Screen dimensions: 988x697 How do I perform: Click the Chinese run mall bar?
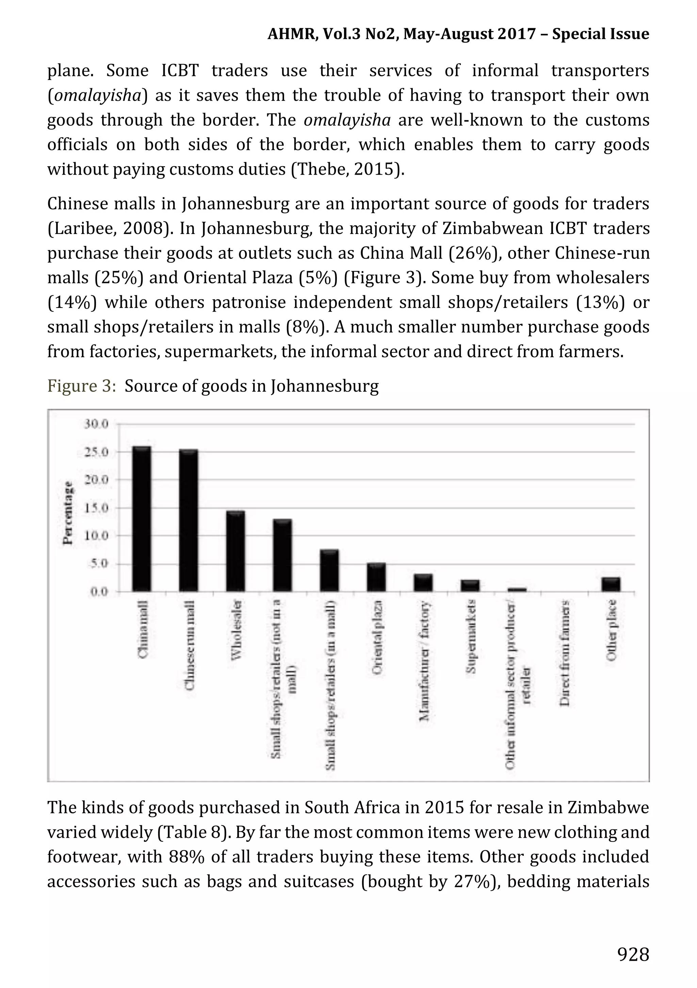(x=188, y=520)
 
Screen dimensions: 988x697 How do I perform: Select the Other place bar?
(x=611, y=584)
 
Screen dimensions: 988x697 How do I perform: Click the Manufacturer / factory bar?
(x=423, y=582)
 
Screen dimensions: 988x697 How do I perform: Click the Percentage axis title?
(x=67, y=513)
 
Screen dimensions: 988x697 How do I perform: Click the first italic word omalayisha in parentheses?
(x=98, y=95)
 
